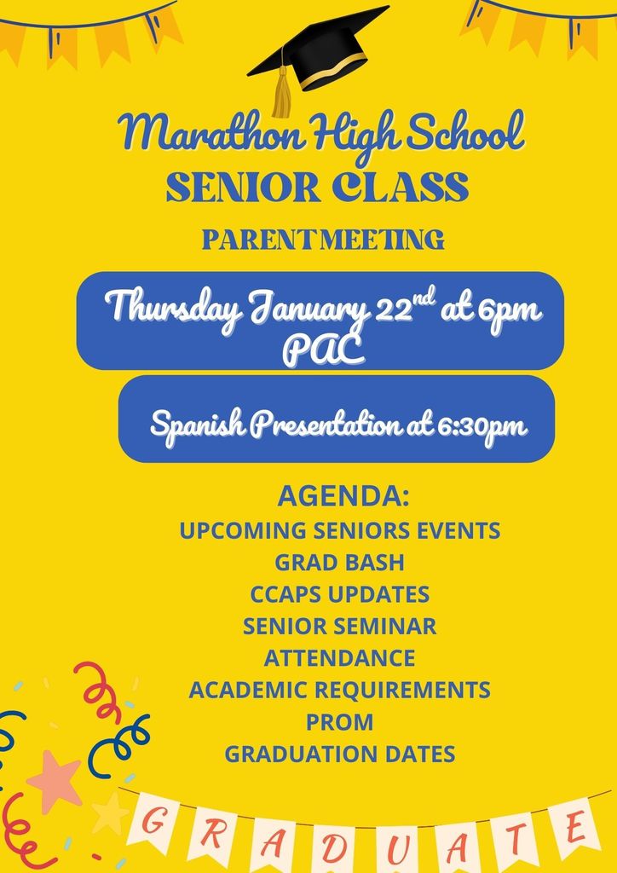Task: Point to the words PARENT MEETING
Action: [323, 240]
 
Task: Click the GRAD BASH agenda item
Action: [339, 562]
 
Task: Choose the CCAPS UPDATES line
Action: [339, 594]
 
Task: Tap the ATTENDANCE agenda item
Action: [339, 658]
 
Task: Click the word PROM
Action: [339, 722]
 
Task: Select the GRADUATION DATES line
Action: [339, 754]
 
